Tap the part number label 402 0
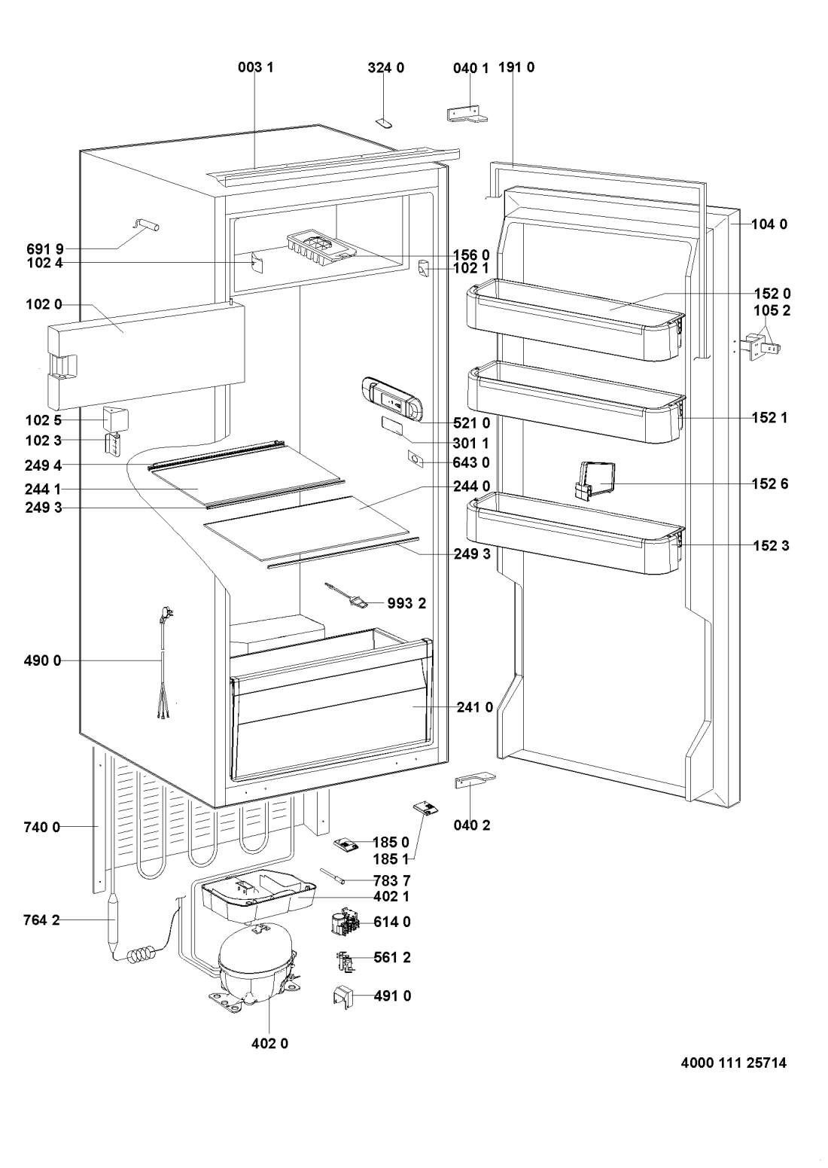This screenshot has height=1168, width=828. pos(269,1044)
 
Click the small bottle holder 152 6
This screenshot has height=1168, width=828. pos(595,480)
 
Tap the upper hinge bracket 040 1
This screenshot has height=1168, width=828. pos(467,113)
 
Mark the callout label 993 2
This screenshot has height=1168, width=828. pos(407,602)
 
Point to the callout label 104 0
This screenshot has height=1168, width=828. pos(768,224)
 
